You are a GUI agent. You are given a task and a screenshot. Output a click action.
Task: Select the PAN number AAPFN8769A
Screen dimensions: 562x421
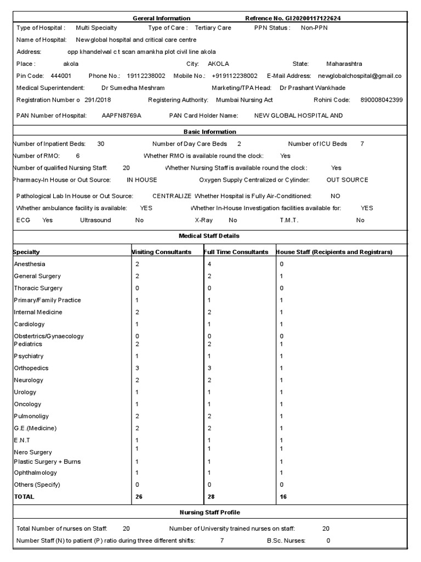pos(121,116)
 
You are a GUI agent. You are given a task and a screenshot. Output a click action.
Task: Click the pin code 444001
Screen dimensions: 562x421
pos(60,76)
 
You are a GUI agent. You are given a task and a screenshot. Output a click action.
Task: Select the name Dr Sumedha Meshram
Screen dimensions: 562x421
pos(133,88)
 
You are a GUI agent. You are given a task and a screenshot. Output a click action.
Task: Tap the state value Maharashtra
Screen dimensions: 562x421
pos(344,64)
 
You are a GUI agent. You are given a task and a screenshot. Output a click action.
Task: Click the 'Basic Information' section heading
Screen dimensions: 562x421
pos(210,132)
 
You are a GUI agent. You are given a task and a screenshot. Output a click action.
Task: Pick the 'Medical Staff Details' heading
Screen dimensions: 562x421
pos(210,236)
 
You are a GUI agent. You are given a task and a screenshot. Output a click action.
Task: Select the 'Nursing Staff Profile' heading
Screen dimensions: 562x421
pos(210,512)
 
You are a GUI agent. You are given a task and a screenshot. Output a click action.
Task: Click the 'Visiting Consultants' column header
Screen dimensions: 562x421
pos(161,252)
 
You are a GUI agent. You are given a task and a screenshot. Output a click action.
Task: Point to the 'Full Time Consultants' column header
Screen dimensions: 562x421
pos(236,252)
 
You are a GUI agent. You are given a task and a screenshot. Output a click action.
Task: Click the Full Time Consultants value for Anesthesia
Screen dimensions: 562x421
pos(209,264)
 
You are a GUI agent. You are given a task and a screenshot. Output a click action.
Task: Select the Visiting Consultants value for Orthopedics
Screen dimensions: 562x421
pos(137,368)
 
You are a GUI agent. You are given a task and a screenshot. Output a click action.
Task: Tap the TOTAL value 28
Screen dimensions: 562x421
pos(211,497)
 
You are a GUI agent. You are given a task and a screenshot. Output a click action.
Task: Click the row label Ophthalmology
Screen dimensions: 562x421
pos(35,473)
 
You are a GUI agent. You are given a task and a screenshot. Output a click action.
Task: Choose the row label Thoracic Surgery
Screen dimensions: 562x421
pos(38,288)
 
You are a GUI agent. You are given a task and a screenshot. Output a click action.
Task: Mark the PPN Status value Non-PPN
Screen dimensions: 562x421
pos(314,27)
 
